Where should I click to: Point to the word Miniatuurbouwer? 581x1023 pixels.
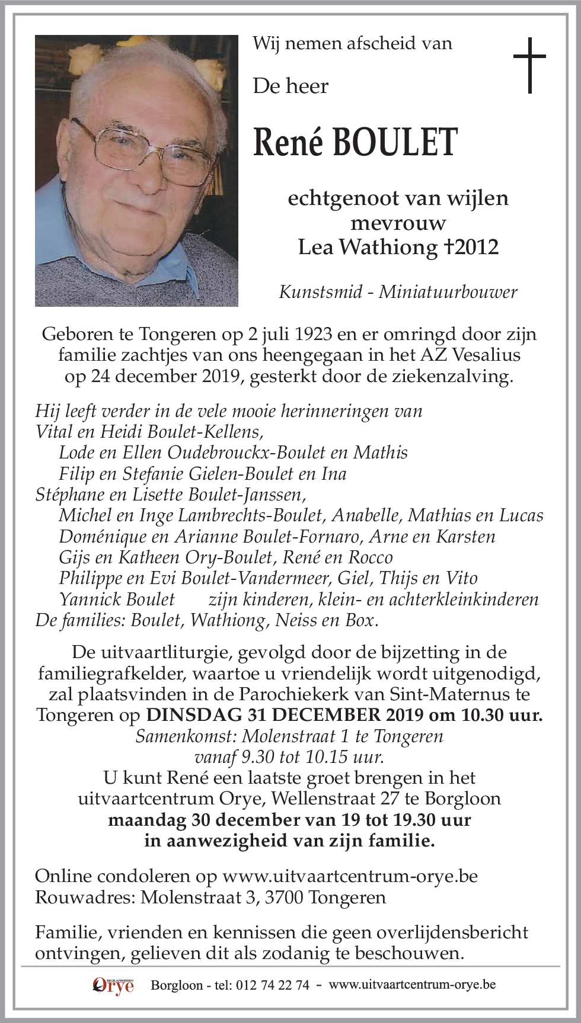[448, 291]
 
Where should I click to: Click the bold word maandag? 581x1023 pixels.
[147, 820]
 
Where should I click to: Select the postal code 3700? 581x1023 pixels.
[284, 897]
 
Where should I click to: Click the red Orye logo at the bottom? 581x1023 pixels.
[113, 984]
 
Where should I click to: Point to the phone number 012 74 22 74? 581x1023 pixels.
[272, 985]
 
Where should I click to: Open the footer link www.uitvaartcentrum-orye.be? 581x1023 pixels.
[412, 984]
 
